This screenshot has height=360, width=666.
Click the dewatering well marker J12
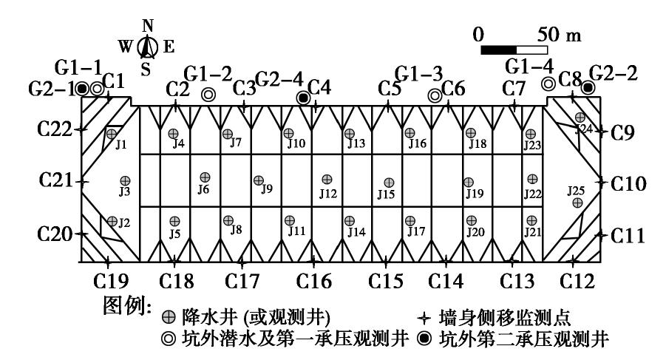tap(327, 179)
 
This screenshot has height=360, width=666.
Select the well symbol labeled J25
tap(577, 203)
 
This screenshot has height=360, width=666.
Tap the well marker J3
tap(125, 180)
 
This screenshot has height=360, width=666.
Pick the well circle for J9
tap(259, 180)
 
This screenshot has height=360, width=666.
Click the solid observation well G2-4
tap(302, 98)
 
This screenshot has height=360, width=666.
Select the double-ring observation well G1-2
tap(208, 94)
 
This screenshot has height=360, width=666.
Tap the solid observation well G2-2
tap(588, 88)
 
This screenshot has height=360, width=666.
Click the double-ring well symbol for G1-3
tap(435, 95)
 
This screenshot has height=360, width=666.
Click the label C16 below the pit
tap(314, 281)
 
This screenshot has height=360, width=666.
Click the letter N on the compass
tap(148, 26)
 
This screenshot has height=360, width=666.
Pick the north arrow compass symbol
tap(148, 48)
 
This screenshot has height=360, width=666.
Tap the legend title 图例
tap(129, 305)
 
